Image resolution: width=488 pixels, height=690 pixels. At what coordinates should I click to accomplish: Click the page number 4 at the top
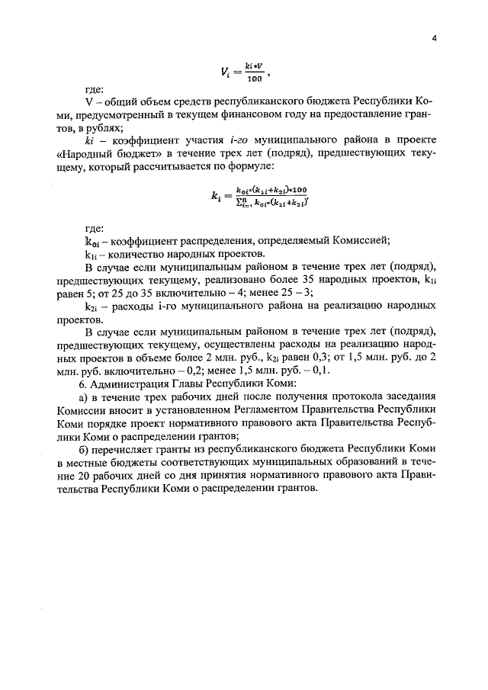[432, 41]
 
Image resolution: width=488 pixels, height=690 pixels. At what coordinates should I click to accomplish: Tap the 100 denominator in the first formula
[255, 79]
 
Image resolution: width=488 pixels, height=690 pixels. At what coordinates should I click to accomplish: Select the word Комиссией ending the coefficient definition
[359, 241]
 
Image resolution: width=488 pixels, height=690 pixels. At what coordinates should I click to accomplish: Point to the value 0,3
[310, 357]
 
